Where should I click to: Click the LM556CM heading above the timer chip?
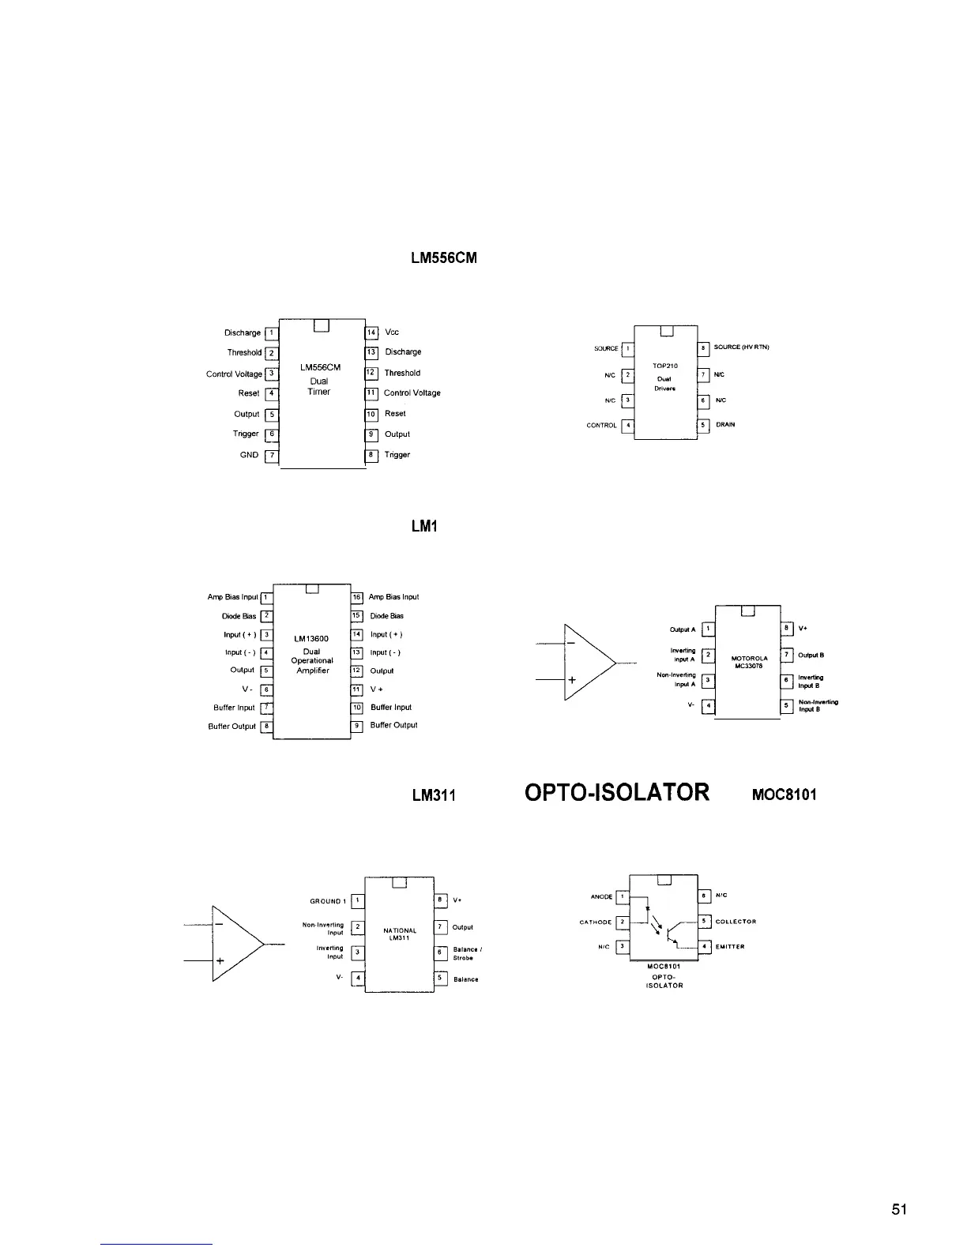point(444,259)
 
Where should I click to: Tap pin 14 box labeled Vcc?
point(371,332)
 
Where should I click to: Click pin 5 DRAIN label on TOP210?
point(725,425)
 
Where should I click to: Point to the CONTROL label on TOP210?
point(601,426)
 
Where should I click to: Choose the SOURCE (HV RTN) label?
point(741,347)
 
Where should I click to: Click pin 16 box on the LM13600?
point(356,597)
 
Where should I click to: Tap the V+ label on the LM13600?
point(378,689)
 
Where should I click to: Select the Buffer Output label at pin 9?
point(393,725)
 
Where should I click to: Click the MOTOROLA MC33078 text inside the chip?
point(750,661)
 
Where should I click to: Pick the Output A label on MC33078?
point(683,629)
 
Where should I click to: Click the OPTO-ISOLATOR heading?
point(617,792)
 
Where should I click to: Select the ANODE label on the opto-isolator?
point(601,896)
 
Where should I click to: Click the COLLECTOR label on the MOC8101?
point(736,922)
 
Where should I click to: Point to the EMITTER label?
point(730,946)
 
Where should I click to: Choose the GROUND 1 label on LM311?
point(325,901)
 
